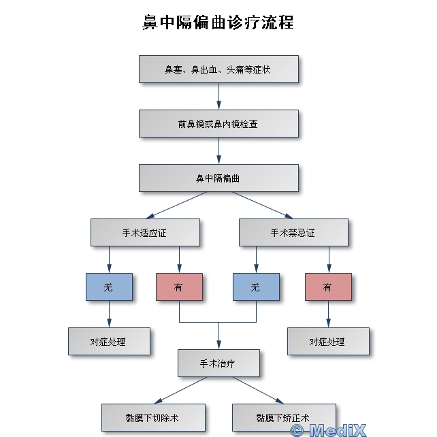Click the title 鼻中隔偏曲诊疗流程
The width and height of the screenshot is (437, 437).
(218, 22)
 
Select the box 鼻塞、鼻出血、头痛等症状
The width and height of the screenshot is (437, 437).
(218, 69)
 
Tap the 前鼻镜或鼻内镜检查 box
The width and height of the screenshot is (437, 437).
(218, 124)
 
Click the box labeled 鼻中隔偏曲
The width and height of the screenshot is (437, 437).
(218, 178)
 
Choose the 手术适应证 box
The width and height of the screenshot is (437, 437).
(145, 232)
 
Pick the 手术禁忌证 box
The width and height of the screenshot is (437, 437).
(293, 232)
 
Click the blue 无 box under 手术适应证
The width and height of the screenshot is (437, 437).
(109, 287)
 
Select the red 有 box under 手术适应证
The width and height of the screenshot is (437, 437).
(179, 287)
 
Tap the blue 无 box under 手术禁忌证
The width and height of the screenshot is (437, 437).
(256, 287)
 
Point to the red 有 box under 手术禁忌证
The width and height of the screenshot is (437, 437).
(328, 287)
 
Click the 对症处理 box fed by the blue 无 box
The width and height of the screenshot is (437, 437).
(109, 341)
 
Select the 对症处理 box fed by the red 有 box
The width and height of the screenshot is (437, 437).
(328, 341)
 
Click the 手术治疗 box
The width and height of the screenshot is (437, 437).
(218, 363)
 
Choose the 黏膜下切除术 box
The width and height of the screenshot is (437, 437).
(153, 417)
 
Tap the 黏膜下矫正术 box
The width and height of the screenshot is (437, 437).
(283, 417)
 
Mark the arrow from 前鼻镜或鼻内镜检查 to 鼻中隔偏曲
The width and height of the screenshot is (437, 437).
(218, 151)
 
